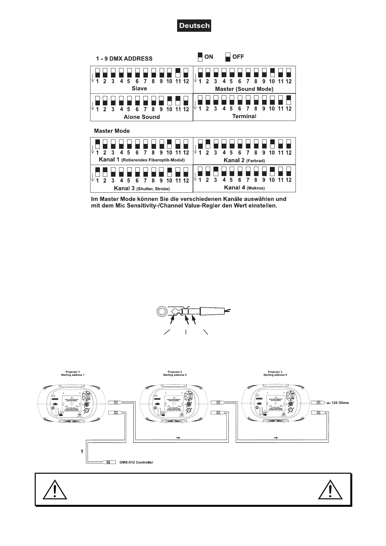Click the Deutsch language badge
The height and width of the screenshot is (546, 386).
194,26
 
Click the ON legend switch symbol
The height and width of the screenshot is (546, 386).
200,57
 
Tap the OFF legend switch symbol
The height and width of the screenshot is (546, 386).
228,57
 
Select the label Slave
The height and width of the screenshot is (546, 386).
139,89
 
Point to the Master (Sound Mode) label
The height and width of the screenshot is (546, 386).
244,89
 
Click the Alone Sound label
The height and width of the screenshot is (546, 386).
142,117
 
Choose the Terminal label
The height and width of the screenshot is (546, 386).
244,116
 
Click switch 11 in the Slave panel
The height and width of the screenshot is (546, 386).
178,73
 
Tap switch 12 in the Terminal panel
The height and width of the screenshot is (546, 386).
289,100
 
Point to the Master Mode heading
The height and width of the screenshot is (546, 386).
112,131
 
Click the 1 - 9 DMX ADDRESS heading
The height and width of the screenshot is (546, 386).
124,59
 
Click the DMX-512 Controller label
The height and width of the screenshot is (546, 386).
139,462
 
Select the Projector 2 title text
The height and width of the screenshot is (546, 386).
175,372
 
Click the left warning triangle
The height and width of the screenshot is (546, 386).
55,490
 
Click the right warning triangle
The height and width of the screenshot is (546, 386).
330,490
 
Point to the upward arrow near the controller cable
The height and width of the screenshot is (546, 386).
82,451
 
